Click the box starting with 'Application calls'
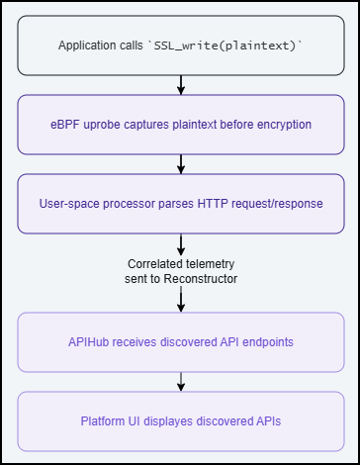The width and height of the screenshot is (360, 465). [x=180, y=46]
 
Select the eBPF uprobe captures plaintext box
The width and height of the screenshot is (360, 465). [x=180, y=125]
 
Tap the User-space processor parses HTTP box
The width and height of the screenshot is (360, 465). [x=180, y=204]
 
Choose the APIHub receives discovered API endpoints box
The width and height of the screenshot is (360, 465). [x=180, y=341]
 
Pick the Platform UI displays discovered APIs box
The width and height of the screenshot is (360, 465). [x=180, y=420]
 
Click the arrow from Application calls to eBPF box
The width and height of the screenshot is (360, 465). [x=180, y=85]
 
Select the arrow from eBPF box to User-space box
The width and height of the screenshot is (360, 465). [x=180, y=164]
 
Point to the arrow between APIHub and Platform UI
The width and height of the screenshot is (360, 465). [x=180, y=381]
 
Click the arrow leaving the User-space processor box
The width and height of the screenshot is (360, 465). [x=180, y=243]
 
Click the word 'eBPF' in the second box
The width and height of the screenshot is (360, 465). [x=76, y=125]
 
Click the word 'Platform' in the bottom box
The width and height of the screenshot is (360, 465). [x=104, y=420]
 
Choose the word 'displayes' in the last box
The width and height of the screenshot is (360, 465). [x=169, y=420]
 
